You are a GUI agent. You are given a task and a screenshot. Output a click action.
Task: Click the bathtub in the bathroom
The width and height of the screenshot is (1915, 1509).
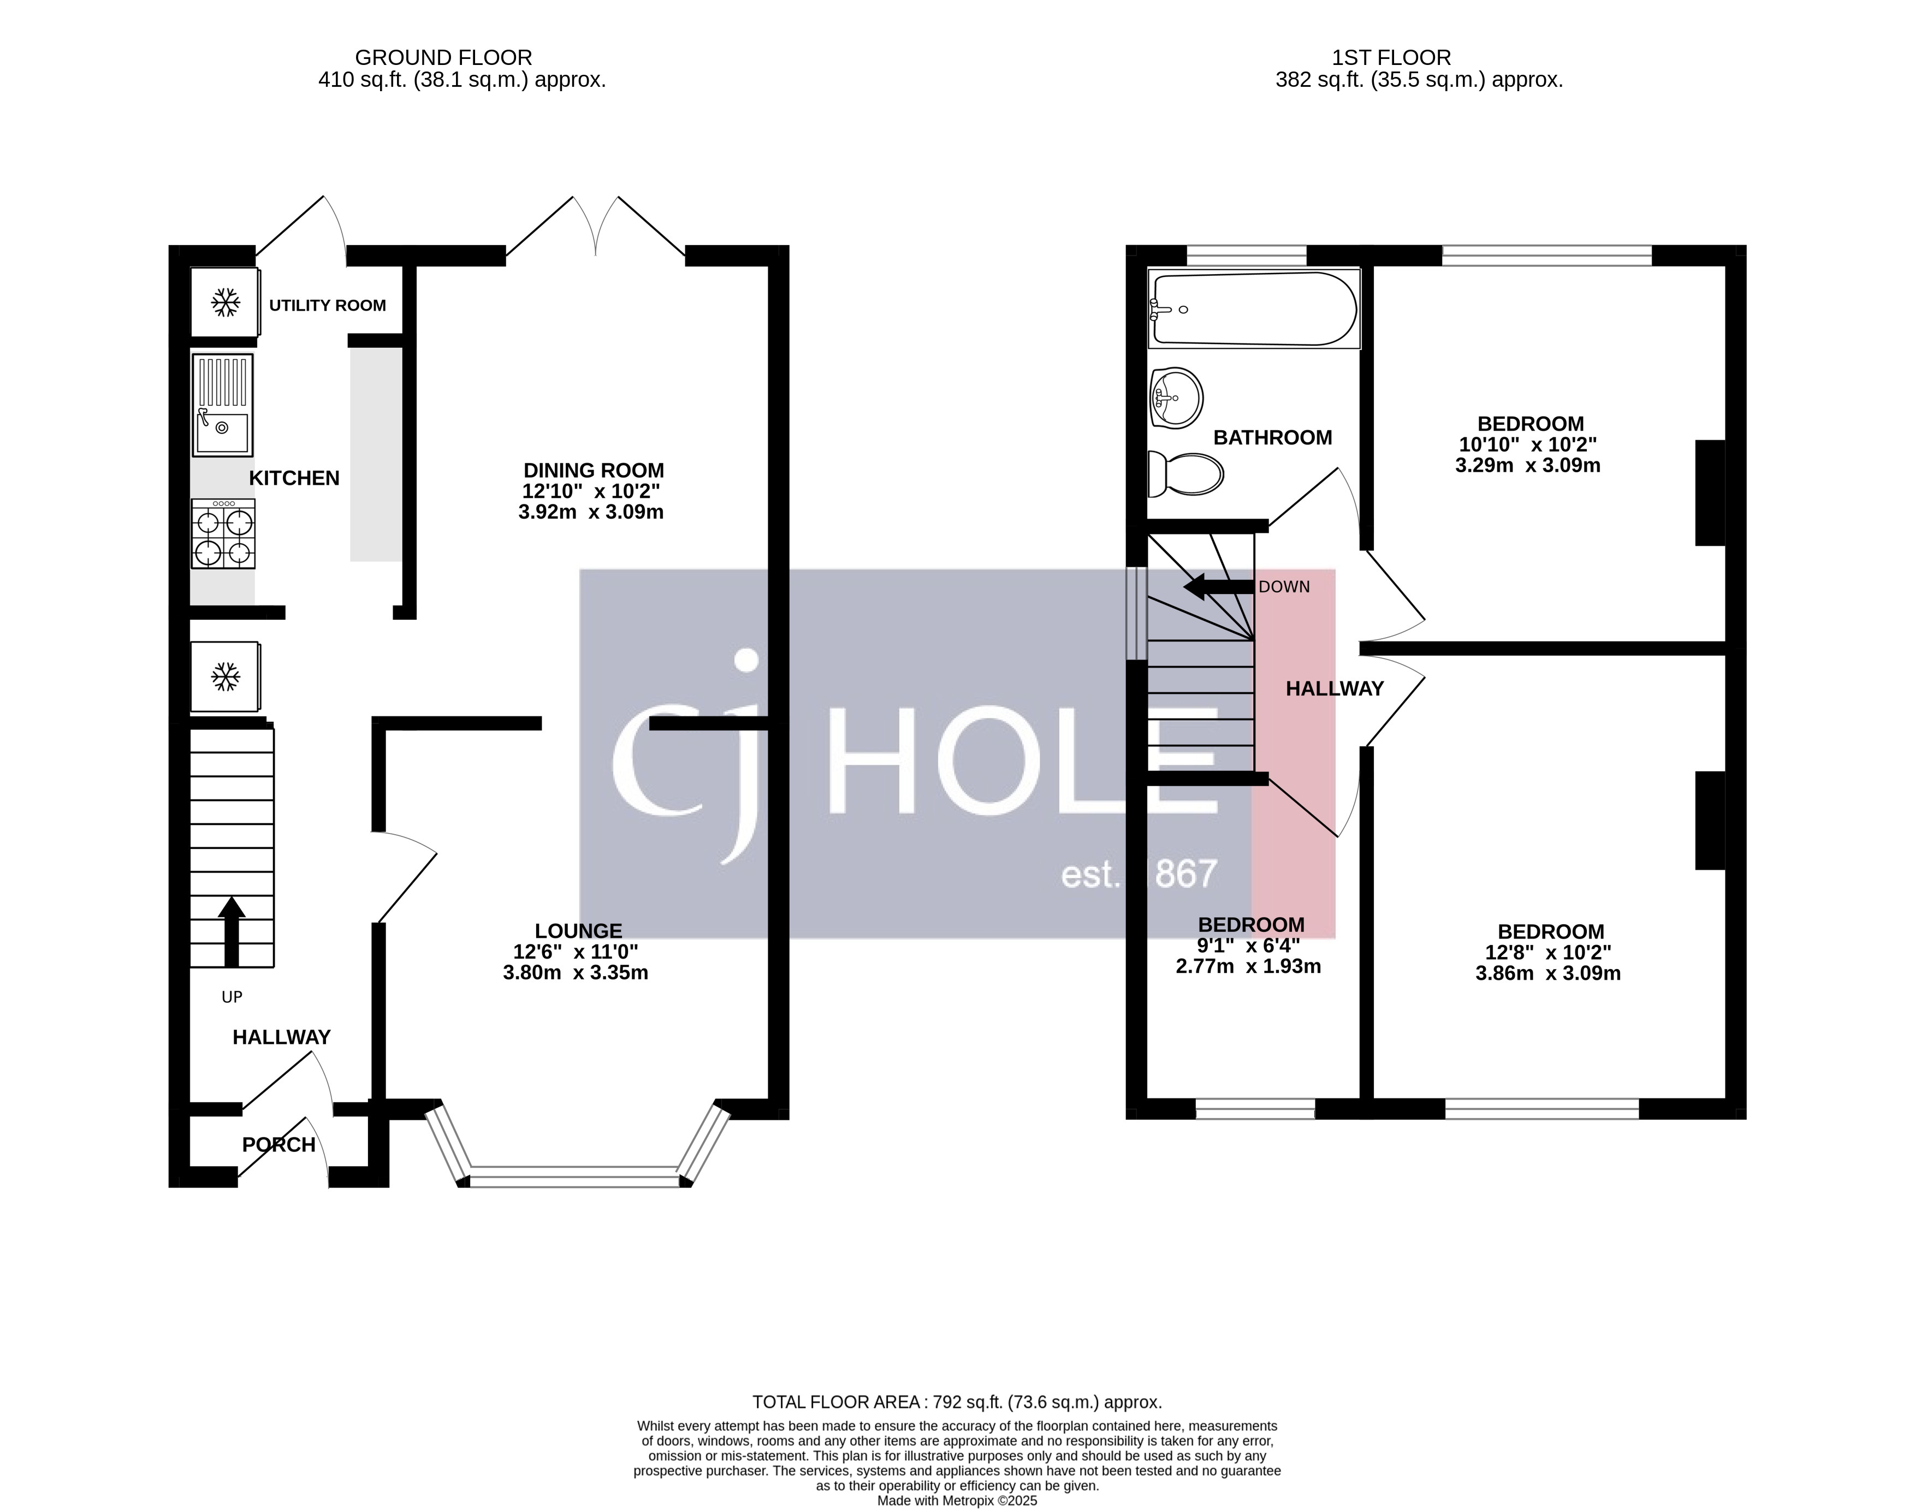click(1253, 309)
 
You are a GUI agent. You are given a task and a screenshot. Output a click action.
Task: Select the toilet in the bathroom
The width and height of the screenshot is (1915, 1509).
click(1185, 474)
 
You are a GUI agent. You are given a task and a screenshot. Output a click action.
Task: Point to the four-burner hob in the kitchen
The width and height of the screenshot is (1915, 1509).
click(223, 533)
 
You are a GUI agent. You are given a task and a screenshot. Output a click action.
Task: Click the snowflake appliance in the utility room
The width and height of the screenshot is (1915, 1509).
click(226, 303)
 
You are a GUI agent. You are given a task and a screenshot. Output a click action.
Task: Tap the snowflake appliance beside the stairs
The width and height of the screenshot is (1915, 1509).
click(226, 678)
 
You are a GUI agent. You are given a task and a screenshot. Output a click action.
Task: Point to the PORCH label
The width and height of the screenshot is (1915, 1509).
click(278, 1145)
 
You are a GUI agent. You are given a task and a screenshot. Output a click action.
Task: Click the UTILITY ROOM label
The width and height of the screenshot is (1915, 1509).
click(327, 306)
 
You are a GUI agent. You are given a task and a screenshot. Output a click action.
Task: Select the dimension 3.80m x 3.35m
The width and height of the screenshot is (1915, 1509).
click(576, 973)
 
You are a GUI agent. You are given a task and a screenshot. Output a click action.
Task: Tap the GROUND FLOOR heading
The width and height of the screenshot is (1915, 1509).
click(443, 57)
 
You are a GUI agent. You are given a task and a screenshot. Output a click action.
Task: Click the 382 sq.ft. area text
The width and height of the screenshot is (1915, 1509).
click(1418, 80)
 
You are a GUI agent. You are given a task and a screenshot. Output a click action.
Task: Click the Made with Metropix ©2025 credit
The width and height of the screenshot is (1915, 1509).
click(956, 1500)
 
